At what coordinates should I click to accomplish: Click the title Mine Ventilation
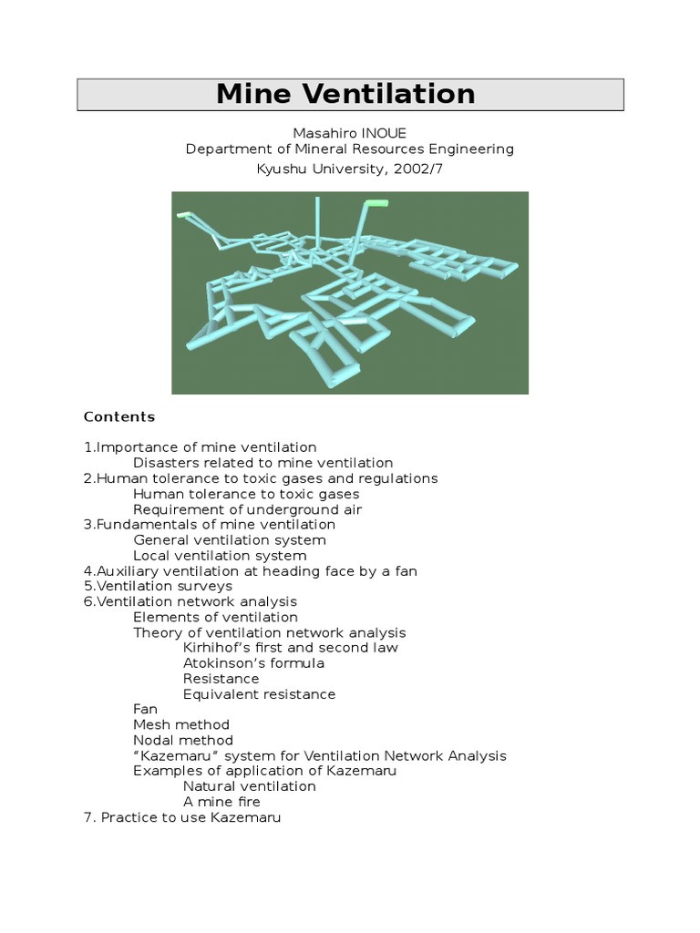(x=345, y=94)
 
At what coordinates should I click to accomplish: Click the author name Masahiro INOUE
(x=349, y=133)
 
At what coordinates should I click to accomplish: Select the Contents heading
(x=119, y=417)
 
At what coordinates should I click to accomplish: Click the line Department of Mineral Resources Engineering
(x=349, y=149)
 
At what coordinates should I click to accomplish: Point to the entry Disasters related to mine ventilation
(x=262, y=463)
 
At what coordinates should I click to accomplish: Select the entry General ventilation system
(x=229, y=540)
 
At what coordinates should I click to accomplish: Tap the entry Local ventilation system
(x=220, y=556)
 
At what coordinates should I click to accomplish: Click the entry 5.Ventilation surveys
(x=158, y=587)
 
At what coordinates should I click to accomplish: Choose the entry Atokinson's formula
(x=253, y=663)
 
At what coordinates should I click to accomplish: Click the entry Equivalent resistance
(x=259, y=694)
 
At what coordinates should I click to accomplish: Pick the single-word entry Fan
(x=145, y=709)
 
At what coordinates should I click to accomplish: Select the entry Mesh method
(x=181, y=725)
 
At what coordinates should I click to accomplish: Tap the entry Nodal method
(x=183, y=741)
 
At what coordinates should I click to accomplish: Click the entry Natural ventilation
(x=249, y=786)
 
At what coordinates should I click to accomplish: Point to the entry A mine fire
(x=221, y=802)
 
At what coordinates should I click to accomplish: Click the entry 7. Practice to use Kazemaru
(x=182, y=818)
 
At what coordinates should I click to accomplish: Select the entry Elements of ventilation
(x=215, y=618)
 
